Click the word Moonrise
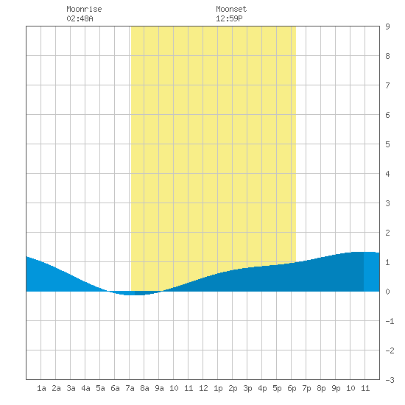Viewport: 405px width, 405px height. (84, 9)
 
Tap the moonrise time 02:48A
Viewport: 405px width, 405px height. (80, 18)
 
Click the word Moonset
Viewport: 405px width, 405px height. (231, 9)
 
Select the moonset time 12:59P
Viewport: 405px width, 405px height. (229, 18)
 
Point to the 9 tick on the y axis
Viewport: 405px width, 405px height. (387, 27)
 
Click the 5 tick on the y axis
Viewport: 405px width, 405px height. (387, 144)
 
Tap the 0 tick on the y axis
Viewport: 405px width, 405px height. (387, 292)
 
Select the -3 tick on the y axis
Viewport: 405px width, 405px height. (390, 380)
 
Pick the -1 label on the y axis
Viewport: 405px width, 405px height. (390, 321)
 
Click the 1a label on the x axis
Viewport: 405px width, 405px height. (41, 388)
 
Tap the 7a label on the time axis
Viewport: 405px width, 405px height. (130, 388)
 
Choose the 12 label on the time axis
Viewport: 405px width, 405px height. (203, 388)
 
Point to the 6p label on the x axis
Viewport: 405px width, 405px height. (292, 388)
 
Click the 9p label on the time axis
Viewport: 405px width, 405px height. (336, 388)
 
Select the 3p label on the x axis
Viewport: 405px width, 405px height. (247, 388)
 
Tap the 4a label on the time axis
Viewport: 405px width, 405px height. (85, 388)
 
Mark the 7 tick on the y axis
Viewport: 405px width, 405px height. (387, 85)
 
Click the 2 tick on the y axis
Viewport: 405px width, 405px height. (387, 233)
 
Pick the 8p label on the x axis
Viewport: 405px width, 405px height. (321, 388)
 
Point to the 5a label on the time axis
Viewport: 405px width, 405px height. (100, 388)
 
